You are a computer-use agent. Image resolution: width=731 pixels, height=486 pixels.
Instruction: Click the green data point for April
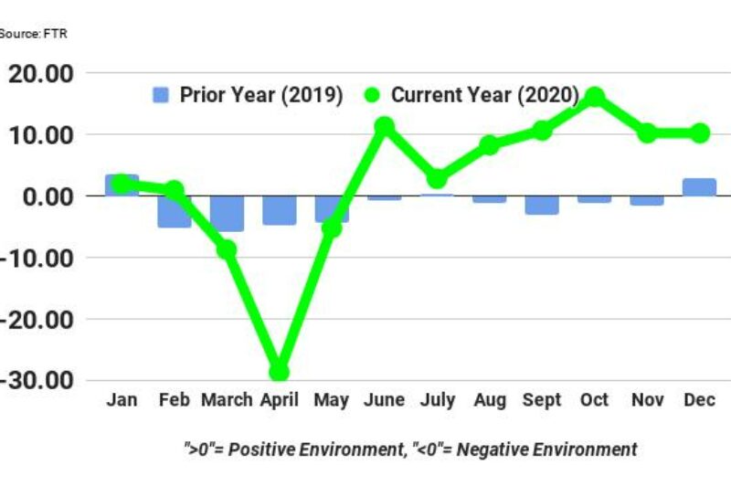(279, 372)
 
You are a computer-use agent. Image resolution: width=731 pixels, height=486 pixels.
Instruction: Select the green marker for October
(594, 96)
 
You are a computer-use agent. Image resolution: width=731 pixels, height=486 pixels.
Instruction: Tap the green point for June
(384, 126)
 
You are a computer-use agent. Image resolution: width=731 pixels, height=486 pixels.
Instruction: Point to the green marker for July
(437, 179)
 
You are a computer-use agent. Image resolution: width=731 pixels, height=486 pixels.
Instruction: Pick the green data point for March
(227, 249)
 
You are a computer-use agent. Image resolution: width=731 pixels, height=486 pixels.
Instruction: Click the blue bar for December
(699, 187)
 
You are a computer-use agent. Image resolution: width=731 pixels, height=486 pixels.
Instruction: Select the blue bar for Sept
(542, 205)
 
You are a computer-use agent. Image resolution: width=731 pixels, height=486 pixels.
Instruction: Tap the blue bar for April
(279, 210)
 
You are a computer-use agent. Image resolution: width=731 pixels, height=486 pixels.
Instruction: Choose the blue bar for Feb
(174, 212)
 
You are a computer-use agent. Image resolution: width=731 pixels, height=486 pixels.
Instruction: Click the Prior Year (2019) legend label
(260, 95)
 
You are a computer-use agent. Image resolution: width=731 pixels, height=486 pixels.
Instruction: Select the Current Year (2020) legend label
(485, 95)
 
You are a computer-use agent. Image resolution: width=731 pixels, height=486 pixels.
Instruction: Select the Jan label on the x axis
(122, 401)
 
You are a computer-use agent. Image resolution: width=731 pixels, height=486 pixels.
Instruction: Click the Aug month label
(489, 401)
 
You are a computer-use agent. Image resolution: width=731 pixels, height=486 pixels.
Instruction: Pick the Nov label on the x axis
(647, 401)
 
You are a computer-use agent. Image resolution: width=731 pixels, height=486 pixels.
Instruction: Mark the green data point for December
(699, 133)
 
